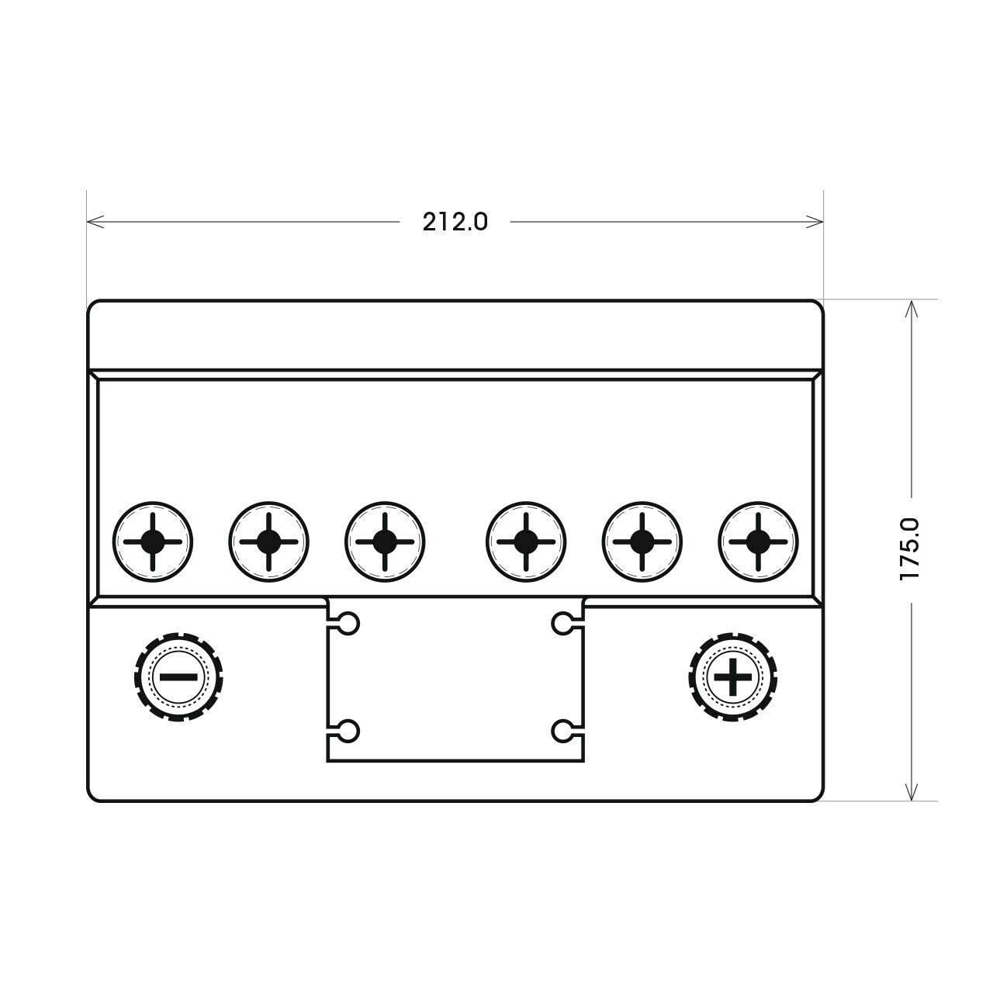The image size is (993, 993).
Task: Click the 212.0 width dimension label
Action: (455, 222)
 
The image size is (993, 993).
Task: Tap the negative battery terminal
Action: (178, 676)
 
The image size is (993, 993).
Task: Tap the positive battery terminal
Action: (733, 676)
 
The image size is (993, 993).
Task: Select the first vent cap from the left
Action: (153, 541)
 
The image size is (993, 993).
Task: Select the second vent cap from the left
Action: (268, 541)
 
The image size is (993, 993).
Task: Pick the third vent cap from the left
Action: (385, 541)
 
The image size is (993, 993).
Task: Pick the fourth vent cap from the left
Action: (526, 541)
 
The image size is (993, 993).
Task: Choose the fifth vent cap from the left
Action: (642, 541)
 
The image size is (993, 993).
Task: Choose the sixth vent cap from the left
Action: (757, 541)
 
